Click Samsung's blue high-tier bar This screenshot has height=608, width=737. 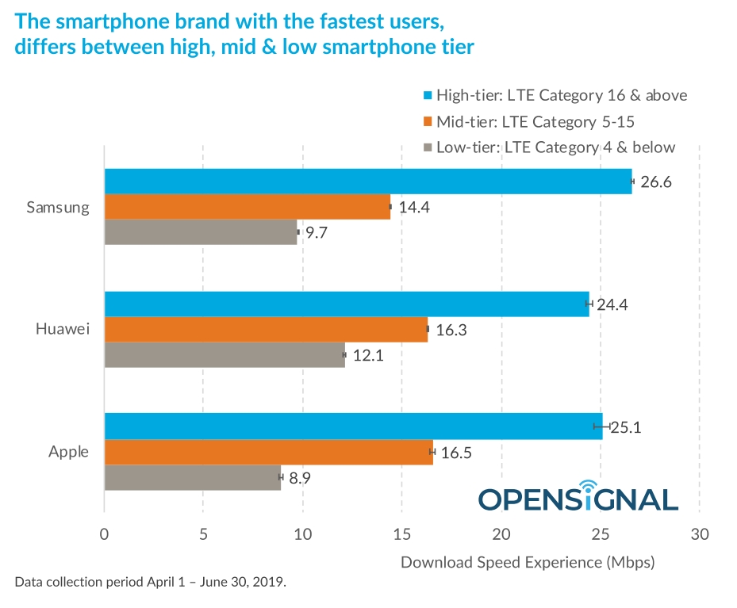[x=368, y=181]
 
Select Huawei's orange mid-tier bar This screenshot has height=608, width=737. [x=266, y=329]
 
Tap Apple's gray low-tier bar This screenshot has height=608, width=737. [x=192, y=477]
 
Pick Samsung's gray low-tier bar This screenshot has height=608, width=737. [x=200, y=231]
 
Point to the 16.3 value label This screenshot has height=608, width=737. [x=451, y=330]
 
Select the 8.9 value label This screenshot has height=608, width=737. [x=300, y=478]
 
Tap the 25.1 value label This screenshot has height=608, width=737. [x=625, y=428]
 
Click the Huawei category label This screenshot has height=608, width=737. [x=62, y=329]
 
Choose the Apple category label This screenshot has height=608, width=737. [x=68, y=452]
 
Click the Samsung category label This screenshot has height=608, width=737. [x=57, y=207]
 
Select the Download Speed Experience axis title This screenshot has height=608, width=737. [x=528, y=563]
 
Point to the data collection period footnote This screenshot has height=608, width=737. [x=150, y=582]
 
